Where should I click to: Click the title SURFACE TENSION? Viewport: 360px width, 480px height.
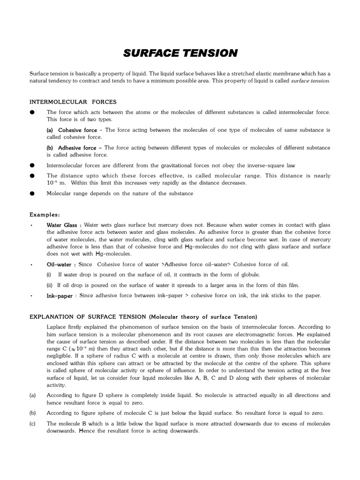pyautogui.click(x=180, y=53)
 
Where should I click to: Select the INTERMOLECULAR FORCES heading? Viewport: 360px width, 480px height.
pyautogui.click(x=73, y=102)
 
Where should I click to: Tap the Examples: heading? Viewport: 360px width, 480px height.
pyautogui.click(x=45, y=214)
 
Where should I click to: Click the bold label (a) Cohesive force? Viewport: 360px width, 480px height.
pyautogui.click(x=72, y=130)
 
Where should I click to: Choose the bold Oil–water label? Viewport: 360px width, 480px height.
pyautogui.click(x=61, y=264)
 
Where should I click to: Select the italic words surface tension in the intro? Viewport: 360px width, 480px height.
pyautogui.click(x=310, y=81)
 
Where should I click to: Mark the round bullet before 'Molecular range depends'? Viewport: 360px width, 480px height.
pyautogui.click(x=32, y=193)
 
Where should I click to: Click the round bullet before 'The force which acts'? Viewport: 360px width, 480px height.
pyautogui.click(x=32, y=112)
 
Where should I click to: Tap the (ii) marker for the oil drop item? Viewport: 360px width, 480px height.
pyautogui.click(x=49, y=285)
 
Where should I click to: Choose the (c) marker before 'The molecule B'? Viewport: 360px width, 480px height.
pyautogui.click(x=32, y=423)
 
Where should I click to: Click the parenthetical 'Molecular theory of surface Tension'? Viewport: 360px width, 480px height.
pyautogui.click(x=204, y=316)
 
